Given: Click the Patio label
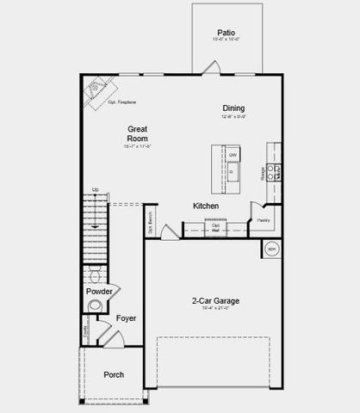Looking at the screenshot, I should pos(227,30).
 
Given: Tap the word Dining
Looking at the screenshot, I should pos(233,108).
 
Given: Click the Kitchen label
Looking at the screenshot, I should pos(205,206).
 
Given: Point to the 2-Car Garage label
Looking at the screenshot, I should pos(215,301).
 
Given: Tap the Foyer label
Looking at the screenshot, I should pos(127,318).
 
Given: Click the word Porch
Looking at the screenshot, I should pos(115,374).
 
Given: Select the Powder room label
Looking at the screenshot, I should pos(100,292).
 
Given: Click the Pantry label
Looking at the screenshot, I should pos(264,220).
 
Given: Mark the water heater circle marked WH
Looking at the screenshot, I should pos(271,249).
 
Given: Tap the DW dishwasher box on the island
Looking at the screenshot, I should pos(233,155).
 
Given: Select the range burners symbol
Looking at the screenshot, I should pos(273,170).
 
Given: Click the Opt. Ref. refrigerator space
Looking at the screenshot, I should pos(216,227).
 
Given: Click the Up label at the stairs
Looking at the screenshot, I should pos(95,190).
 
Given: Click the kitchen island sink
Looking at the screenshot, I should pos(232,172).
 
